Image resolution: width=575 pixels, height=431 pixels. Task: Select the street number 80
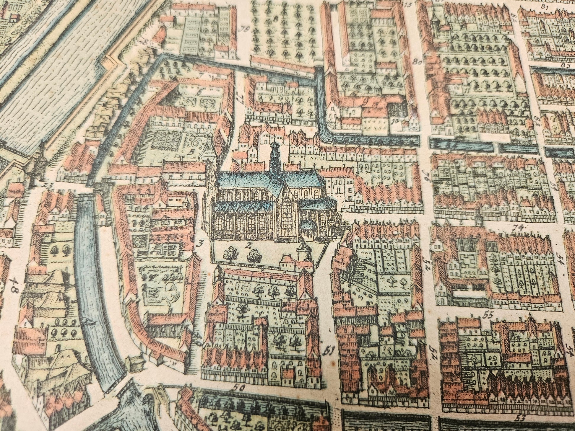[417, 62]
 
